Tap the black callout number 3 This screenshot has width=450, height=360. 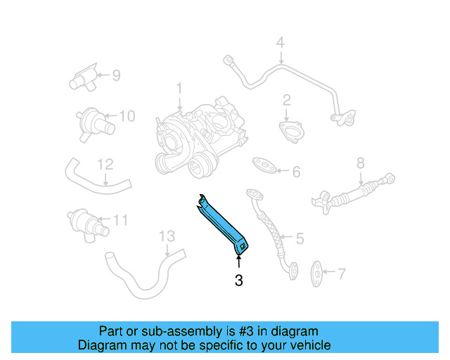(239, 281)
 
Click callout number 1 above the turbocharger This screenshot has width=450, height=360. (179, 89)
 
